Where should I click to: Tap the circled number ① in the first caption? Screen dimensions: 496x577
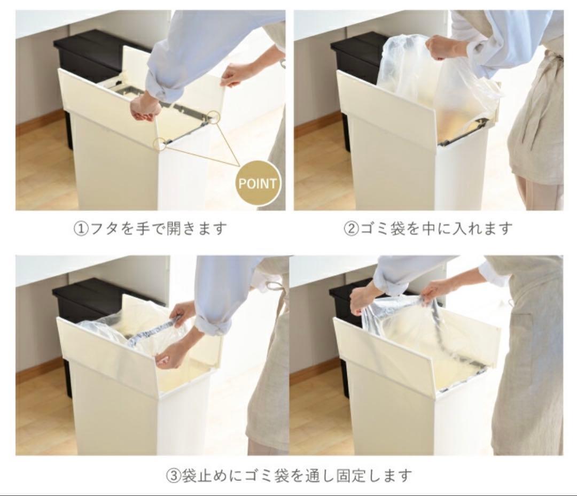(x=80, y=229)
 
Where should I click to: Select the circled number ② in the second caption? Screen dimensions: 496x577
(x=350, y=229)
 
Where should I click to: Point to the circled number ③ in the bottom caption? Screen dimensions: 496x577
(x=171, y=475)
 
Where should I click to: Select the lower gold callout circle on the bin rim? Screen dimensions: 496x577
(x=159, y=143)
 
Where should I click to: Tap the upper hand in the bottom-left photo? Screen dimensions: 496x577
(x=183, y=313)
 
